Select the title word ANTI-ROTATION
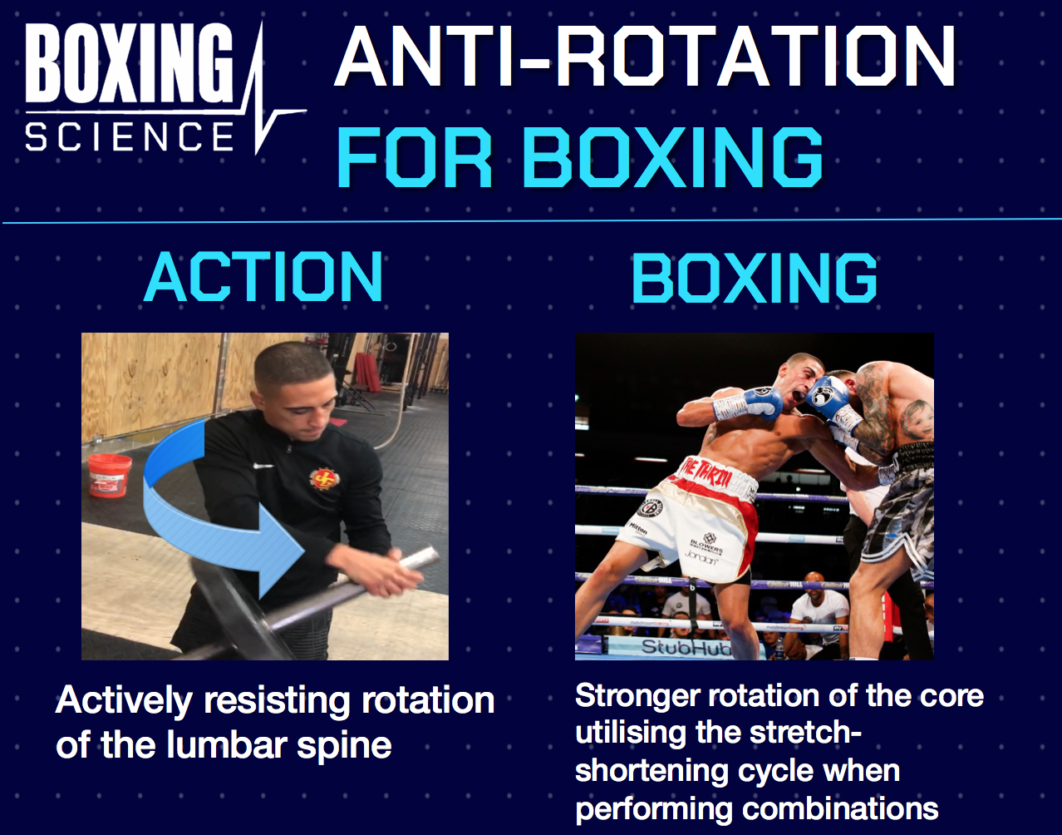pyautogui.click(x=645, y=57)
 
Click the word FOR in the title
pyautogui.click(x=415, y=158)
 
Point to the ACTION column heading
pyautogui.click(x=263, y=278)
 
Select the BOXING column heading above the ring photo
pyautogui.click(x=754, y=278)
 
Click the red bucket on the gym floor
pyautogui.click(x=110, y=475)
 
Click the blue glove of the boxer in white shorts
pyautogui.click(x=758, y=403)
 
